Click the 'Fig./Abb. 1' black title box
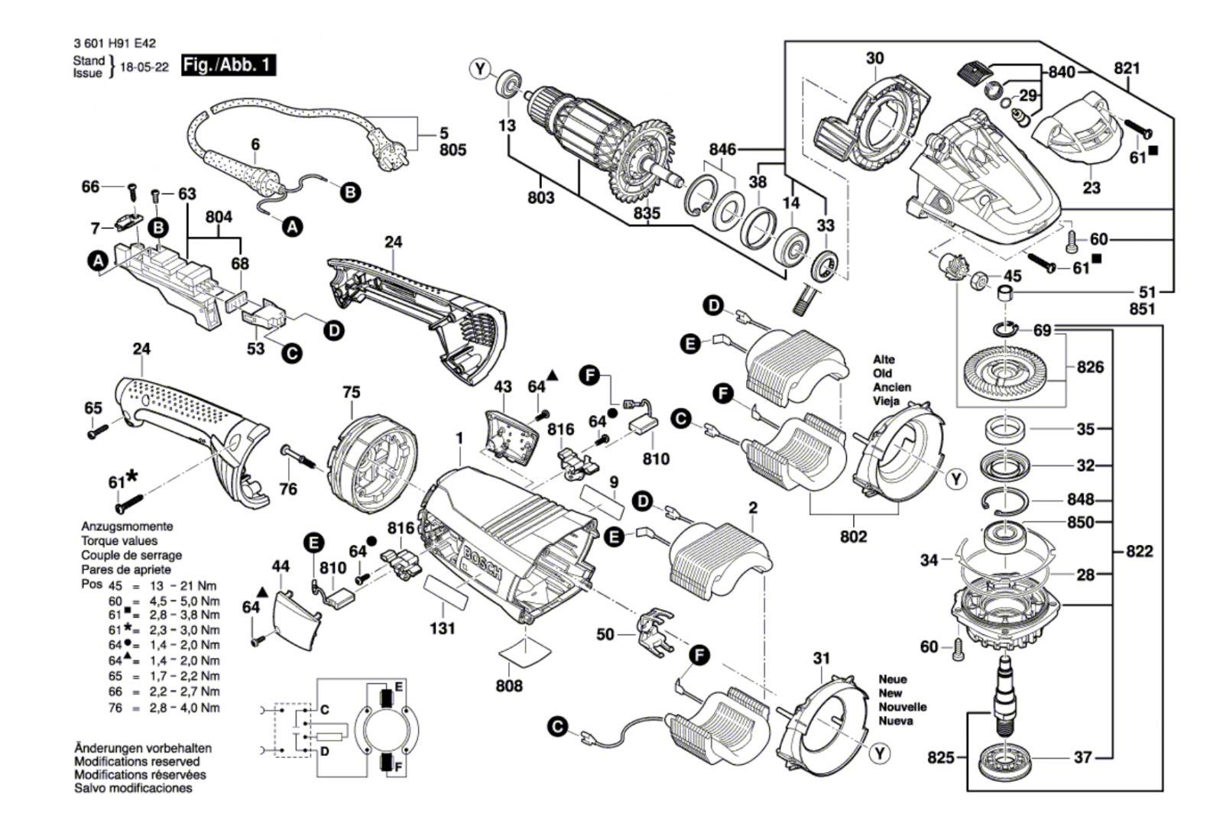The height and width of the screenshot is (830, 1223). pyautogui.click(x=228, y=65)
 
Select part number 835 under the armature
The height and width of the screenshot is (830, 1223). pyautogui.click(x=647, y=213)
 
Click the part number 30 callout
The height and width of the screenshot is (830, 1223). pyautogui.click(x=874, y=58)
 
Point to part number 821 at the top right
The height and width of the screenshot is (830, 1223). pyautogui.click(x=1127, y=68)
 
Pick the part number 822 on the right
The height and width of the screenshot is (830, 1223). pyautogui.click(x=1139, y=551)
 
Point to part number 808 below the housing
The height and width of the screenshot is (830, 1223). pyautogui.click(x=509, y=685)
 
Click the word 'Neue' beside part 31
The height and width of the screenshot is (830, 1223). pyautogui.click(x=893, y=679)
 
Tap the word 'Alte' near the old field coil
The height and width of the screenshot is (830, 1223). pyautogui.click(x=884, y=359)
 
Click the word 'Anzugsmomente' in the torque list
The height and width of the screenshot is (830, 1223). pyautogui.click(x=127, y=527)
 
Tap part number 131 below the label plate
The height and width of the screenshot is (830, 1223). pyautogui.click(x=443, y=628)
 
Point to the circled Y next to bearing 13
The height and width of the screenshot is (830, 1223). pyautogui.click(x=480, y=70)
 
